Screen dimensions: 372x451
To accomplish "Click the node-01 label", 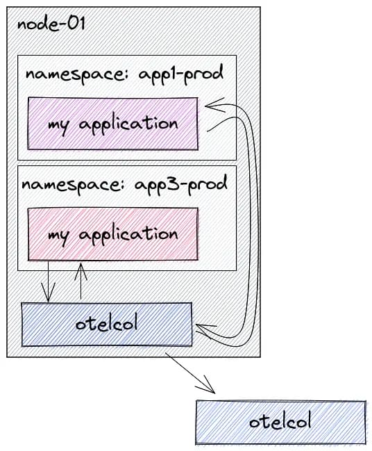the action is tap(51, 24).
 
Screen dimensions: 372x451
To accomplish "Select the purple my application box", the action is tap(113, 124).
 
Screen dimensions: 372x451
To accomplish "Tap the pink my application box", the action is tap(113, 234).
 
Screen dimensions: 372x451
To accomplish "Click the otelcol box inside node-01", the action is tap(107, 324).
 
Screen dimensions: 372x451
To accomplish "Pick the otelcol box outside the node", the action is tap(280, 423).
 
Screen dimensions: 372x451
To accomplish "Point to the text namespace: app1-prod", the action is tap(124, 74).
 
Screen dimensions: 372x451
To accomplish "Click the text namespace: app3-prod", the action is tap(124, 184).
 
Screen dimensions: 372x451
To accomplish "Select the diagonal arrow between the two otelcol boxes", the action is tap(190, 372).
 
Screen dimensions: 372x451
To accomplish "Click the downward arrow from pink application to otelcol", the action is tap(48, 281).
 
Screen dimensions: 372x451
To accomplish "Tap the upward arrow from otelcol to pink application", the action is tap(81, 281).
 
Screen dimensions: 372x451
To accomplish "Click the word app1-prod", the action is tap(181, 74).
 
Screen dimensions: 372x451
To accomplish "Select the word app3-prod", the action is tap(181, 185).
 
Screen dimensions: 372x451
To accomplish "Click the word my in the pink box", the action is tap(58, 237).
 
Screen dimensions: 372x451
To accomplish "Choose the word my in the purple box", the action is tap(58, 126).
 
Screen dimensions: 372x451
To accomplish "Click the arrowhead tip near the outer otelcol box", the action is tap(214, 393).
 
